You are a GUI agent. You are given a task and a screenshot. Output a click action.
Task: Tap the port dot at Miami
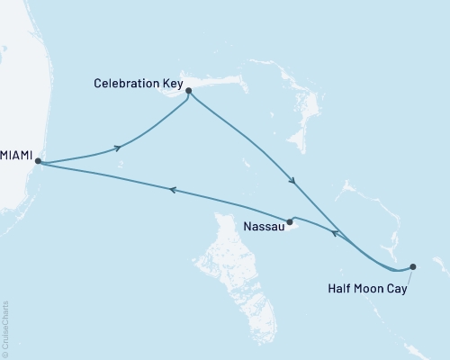[x=38, y=162]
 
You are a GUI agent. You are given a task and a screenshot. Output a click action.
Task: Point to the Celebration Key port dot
[x=188, y=90]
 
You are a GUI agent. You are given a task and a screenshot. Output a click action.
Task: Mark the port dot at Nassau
[x=290, y=221]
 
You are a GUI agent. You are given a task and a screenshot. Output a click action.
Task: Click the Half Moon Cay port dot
[x=413, y=266]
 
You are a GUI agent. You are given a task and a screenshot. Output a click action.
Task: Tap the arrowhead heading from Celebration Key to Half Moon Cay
[x=292, y=181]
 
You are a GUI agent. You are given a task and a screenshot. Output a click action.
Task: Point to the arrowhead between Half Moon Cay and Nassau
[x=334, y=233]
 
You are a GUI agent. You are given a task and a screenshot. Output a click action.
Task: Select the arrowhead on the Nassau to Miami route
[x=171, y=190]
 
